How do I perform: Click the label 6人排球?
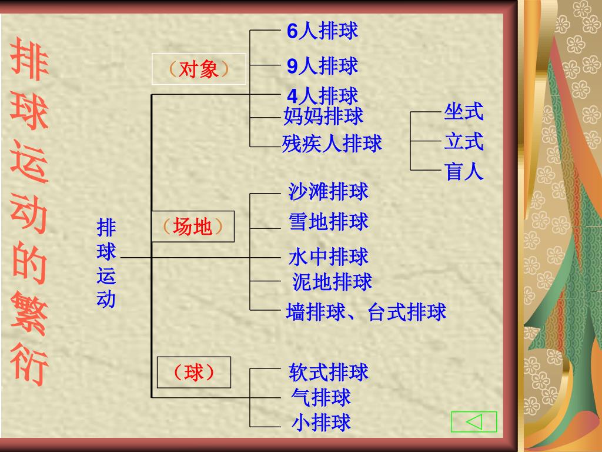[x=322, y=31]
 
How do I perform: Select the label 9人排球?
[x=322, y=66]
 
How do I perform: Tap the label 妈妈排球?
[x=323, y=116]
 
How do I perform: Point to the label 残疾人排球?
[x=332, y=143]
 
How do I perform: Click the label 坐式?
[x=463, y=111]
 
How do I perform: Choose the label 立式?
[x=463, y=142]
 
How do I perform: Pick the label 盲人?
[x=463, y=172]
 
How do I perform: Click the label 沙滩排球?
[x=328, y=191]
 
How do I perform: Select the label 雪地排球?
[x=328, y=222]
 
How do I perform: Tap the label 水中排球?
[x=328, y=257]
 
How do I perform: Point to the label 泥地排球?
[x=332, y=282]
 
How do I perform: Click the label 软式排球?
[x=328, y=372]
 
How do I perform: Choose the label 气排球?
[x=321, y=397]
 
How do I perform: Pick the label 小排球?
[x=321, y=422]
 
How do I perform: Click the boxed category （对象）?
[x=198, y=69]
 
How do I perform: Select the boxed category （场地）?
[x=193, y=227]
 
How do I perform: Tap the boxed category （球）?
[x=193, y=373]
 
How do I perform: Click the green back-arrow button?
[x=474, y=421]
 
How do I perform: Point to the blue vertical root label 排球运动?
[x=106, y=263]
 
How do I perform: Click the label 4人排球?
[x=322, y=95]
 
